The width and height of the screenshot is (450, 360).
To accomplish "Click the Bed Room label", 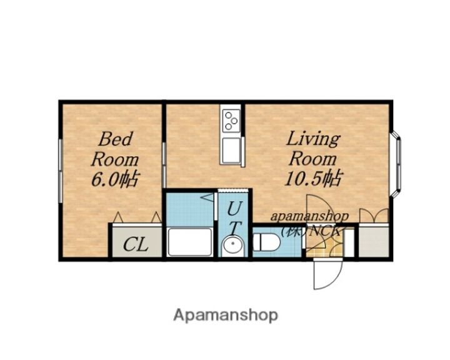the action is click(x=115, y=149).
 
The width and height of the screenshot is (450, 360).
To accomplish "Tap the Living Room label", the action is click(x=313, y=149).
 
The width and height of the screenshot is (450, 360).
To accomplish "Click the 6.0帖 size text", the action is click(x=115, y=179).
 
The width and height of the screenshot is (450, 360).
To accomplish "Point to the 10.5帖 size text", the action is click(x=313, y=178).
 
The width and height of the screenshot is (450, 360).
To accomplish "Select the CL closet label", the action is click(x=136, y=244).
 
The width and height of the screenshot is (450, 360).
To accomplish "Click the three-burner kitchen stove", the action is click(x=231, y=121).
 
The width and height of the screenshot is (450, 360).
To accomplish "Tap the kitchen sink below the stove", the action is click(x=231, y=151).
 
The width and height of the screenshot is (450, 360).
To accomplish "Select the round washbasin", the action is click(x=232, y=245).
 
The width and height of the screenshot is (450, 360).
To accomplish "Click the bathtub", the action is click(x=189, y=242).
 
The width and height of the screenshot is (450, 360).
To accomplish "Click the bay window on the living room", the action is click(x=395, y=164).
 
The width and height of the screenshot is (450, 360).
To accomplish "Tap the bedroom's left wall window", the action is click(x=61, y=171).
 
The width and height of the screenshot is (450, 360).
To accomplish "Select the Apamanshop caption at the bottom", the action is click(x=226, y=316).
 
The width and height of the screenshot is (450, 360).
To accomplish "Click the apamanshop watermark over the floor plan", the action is click(x=309, y=216).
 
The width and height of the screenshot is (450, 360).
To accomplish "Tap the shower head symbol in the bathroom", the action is click(x=207, y=197).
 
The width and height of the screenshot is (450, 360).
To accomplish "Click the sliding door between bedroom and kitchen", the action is click(x=164, y=165).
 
